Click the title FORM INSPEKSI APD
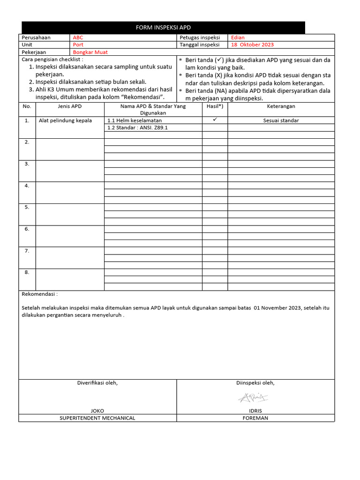coord(163,28)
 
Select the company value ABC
coord(77,37)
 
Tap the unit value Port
coord(78,45)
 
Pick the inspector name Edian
coord(238,37)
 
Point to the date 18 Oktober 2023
coord(252,45)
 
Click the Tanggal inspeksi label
coord(199,45)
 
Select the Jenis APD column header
coord(69,106)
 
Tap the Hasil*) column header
coord(215,106)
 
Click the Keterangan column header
coord(281,106)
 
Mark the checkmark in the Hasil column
coord(215,120)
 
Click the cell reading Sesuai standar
coord(281,120)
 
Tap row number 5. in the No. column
coord(27,207)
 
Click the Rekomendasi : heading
coord(40,294)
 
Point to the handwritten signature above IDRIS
coord(253,398)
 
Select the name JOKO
coord(97,411)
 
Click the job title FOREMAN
coord(255,418)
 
